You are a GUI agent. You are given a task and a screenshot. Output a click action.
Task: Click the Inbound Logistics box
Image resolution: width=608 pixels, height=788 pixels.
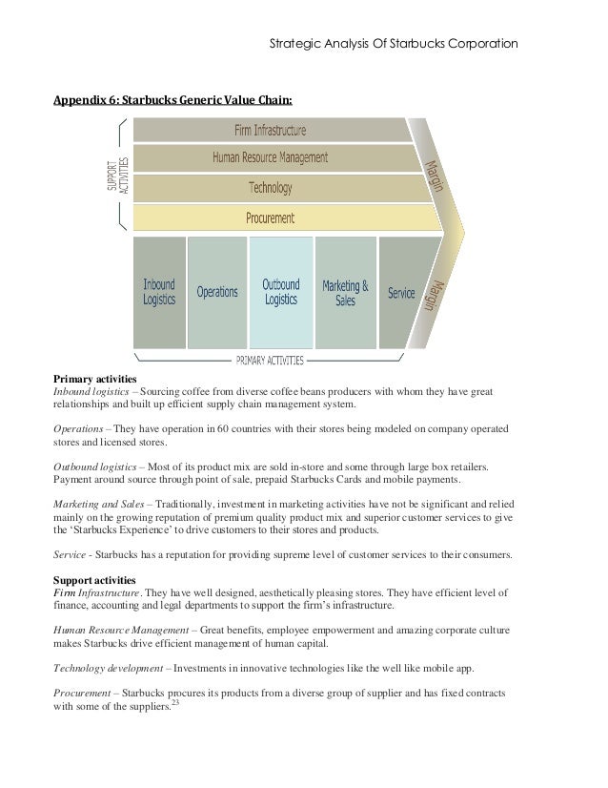(x=159, y=292)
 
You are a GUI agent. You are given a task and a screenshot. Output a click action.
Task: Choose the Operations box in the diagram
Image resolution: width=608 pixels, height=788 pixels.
(x=217, y=292)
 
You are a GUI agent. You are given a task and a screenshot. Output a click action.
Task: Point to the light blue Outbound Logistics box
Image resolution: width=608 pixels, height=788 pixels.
(x=280, y=292)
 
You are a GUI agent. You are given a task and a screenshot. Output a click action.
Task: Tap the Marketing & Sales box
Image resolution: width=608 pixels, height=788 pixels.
(x=345, y=292)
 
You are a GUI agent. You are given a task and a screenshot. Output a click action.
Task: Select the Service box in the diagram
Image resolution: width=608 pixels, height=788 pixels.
(x=401, y=293)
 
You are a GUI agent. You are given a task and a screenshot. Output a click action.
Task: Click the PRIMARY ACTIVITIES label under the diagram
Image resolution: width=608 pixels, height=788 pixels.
(x=270, y=361)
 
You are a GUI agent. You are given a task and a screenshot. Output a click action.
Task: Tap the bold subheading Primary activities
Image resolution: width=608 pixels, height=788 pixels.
(x=96, y=379)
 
